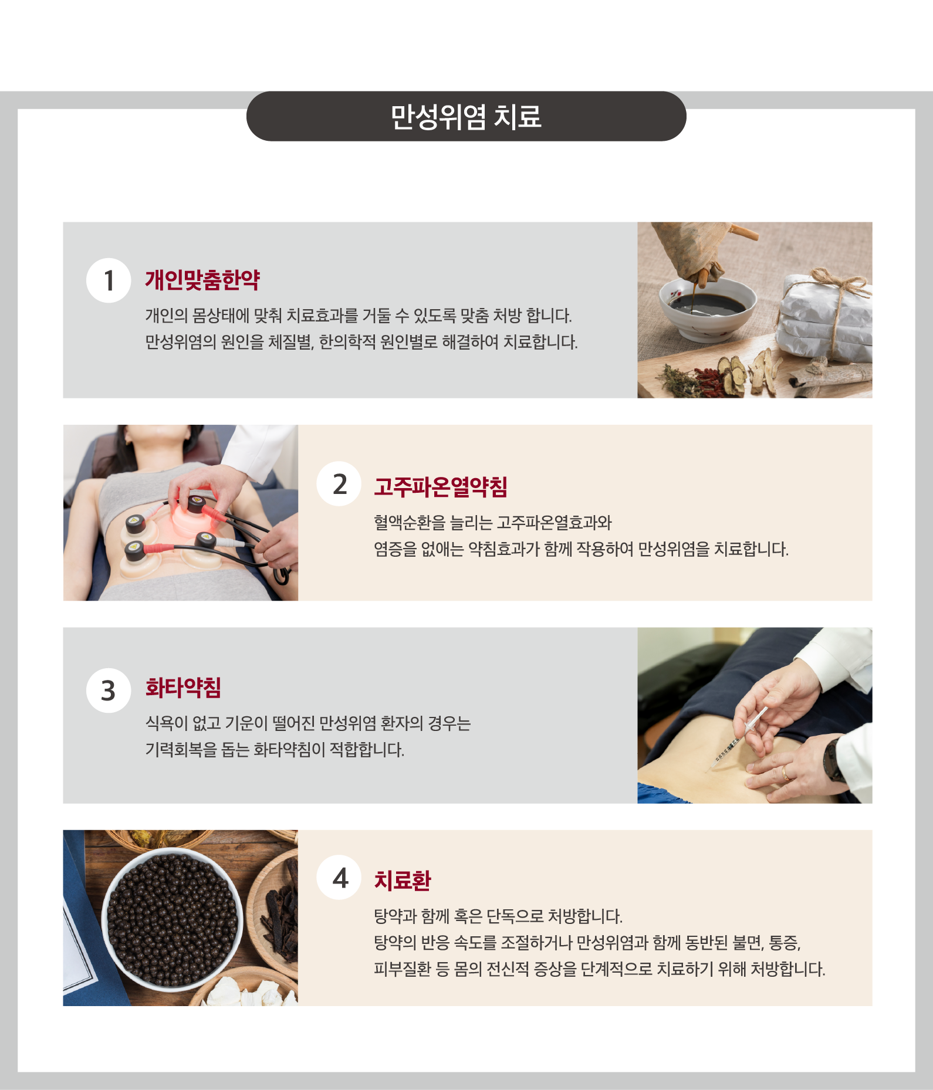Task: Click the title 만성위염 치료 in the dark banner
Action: coord(466,117)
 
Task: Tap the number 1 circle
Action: coord(109,280)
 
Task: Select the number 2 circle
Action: coord(339,484)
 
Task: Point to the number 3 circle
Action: coord(109,690)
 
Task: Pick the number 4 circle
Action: coord(339,878)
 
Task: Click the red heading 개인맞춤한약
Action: coord(202,280)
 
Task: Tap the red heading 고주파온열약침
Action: coord(441,486)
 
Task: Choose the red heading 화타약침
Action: coord(183,688)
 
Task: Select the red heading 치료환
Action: coord(403,881)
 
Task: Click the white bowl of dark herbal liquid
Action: coord(708,307)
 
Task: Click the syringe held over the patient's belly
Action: coord(738,740)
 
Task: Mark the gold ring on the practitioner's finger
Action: coord(786,773)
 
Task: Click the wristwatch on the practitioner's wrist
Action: coord(833,760)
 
